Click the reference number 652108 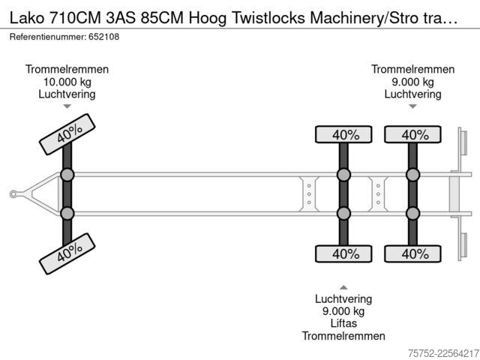tap(103, 37)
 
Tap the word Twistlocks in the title tap(268, 18)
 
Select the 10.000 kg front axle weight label tap(67, 82)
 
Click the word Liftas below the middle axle tap(343, 323)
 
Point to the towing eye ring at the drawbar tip tap(13, 194)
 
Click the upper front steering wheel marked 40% tap(67, 134)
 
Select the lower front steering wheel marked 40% tap(67, 253)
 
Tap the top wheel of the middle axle tap(343, 134)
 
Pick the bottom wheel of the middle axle tap(343, 253)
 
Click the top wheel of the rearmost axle tap(412, 134)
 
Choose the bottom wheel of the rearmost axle tap(412, 253)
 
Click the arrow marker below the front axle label tap(67, 106)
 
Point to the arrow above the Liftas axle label tap(343, 287)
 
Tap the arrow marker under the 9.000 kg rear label tap(412, 106)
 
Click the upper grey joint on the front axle tap(67, 175)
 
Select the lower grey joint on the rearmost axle tap(412, 213)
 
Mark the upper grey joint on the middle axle tap(343, 175)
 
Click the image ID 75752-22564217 tap(443, 353)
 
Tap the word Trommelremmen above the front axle tap(67, 69)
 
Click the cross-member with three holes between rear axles tap(378, 194)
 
